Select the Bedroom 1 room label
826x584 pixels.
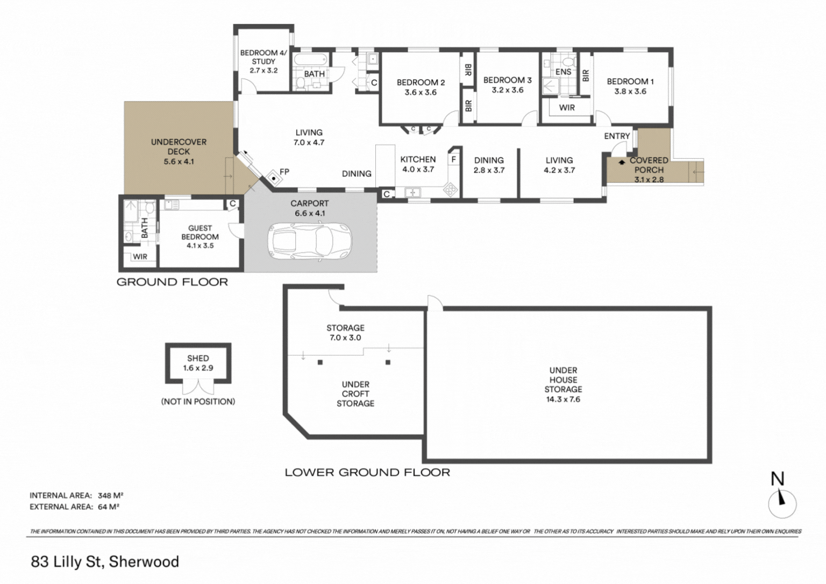tap(630, 86)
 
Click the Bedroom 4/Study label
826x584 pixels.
tap(264, 61)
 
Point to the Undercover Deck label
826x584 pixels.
tap(179, 151)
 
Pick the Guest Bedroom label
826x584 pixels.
tap(200, 237)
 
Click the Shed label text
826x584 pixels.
tap(198, 358)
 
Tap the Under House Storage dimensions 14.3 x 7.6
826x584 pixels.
tap(563, 399)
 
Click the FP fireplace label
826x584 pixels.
tap(284, 172)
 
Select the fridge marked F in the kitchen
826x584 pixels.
tap(453, 159)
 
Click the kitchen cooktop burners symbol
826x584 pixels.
tap(450, 190)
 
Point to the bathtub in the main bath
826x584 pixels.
tap(310, 59)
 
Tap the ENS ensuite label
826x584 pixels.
tap(563, 72)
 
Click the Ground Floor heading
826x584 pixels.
tap(172, 282)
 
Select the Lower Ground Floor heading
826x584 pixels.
tap(367, 472)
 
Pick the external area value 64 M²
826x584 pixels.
tap(109, 507)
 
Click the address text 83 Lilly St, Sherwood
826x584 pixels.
tap(105, 561)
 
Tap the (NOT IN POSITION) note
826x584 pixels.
tap(198, 402)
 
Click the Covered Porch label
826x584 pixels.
tap(649, 170)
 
